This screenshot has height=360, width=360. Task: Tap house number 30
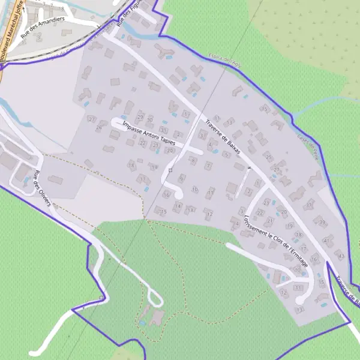pos(149,119)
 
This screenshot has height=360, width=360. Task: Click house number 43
pos(342,256)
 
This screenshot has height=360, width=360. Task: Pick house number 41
pos(327,239)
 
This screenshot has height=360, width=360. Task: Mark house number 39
pos(322,222)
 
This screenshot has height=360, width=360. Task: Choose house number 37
pos(310,205)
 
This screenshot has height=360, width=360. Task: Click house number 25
pos(269,158)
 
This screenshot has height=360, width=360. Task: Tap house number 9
pos(181,176)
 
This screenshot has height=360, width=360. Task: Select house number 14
pos(176,206)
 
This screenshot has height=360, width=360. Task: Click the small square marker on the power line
pos(170,170)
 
